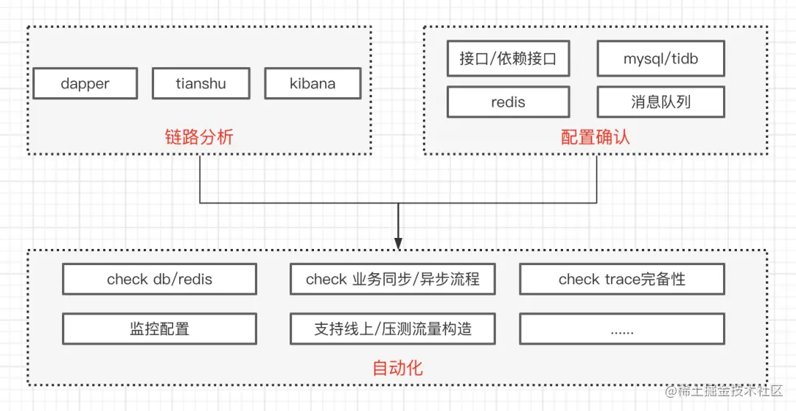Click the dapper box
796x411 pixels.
coord(85,83)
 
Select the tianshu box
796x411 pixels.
coord(200,83)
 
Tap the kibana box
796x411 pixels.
coord(313,83)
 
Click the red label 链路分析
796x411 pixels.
coord(199,136)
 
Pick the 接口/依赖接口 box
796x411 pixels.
coord(508,59)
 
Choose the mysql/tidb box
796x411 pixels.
coord(660,59)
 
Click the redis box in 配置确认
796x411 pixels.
coord(508,102)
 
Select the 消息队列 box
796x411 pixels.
coord(660,102)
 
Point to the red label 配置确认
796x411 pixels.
coord(596,137)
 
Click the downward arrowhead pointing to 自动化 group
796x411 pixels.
coord(398,242)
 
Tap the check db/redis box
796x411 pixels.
coord(159,279)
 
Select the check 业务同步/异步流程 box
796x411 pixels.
coord(392,279)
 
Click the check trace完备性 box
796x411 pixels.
coord(622,279)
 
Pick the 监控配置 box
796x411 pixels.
coord(159,329)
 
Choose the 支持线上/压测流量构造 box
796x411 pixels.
coord(392,329)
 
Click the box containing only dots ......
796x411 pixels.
coord(622,329)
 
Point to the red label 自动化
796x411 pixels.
coord(398,368)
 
